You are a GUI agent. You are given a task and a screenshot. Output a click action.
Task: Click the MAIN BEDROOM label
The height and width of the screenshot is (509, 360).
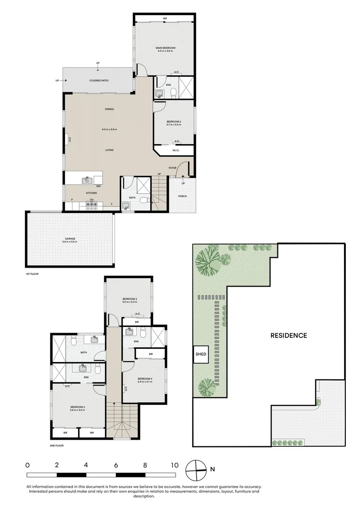[x=165, y=48]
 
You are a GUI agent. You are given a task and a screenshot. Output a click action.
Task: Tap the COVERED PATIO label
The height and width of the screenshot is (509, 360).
[x=99, y=81]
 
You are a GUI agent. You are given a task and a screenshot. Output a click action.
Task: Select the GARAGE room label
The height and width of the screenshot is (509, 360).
[x=70, y=239]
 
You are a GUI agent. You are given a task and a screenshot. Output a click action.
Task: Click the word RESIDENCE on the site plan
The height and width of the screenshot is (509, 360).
[x=288, y=336]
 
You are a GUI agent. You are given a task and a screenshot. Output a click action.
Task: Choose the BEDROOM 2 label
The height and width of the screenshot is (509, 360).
[x=174, y=122]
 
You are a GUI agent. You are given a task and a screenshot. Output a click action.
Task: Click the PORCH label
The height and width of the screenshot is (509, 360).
[x=182, y=196]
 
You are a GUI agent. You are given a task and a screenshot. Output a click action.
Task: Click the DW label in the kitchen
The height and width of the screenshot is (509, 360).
[x=98, y=186]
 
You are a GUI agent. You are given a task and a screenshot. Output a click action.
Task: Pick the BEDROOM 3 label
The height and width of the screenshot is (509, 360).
[x=130, y=299]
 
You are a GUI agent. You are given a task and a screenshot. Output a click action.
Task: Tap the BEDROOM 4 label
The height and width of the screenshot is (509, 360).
[x=145, y=379]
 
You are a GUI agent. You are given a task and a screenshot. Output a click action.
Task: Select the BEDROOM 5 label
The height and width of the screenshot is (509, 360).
[x=77, y=407]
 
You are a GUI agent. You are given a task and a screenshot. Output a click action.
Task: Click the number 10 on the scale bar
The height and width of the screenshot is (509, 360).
[x=175, y=465]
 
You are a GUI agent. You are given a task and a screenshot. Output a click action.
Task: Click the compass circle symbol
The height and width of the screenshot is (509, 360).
[x=196, y=469]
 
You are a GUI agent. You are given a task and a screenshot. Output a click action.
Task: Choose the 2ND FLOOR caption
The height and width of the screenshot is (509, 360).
[x=57, y=445]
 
